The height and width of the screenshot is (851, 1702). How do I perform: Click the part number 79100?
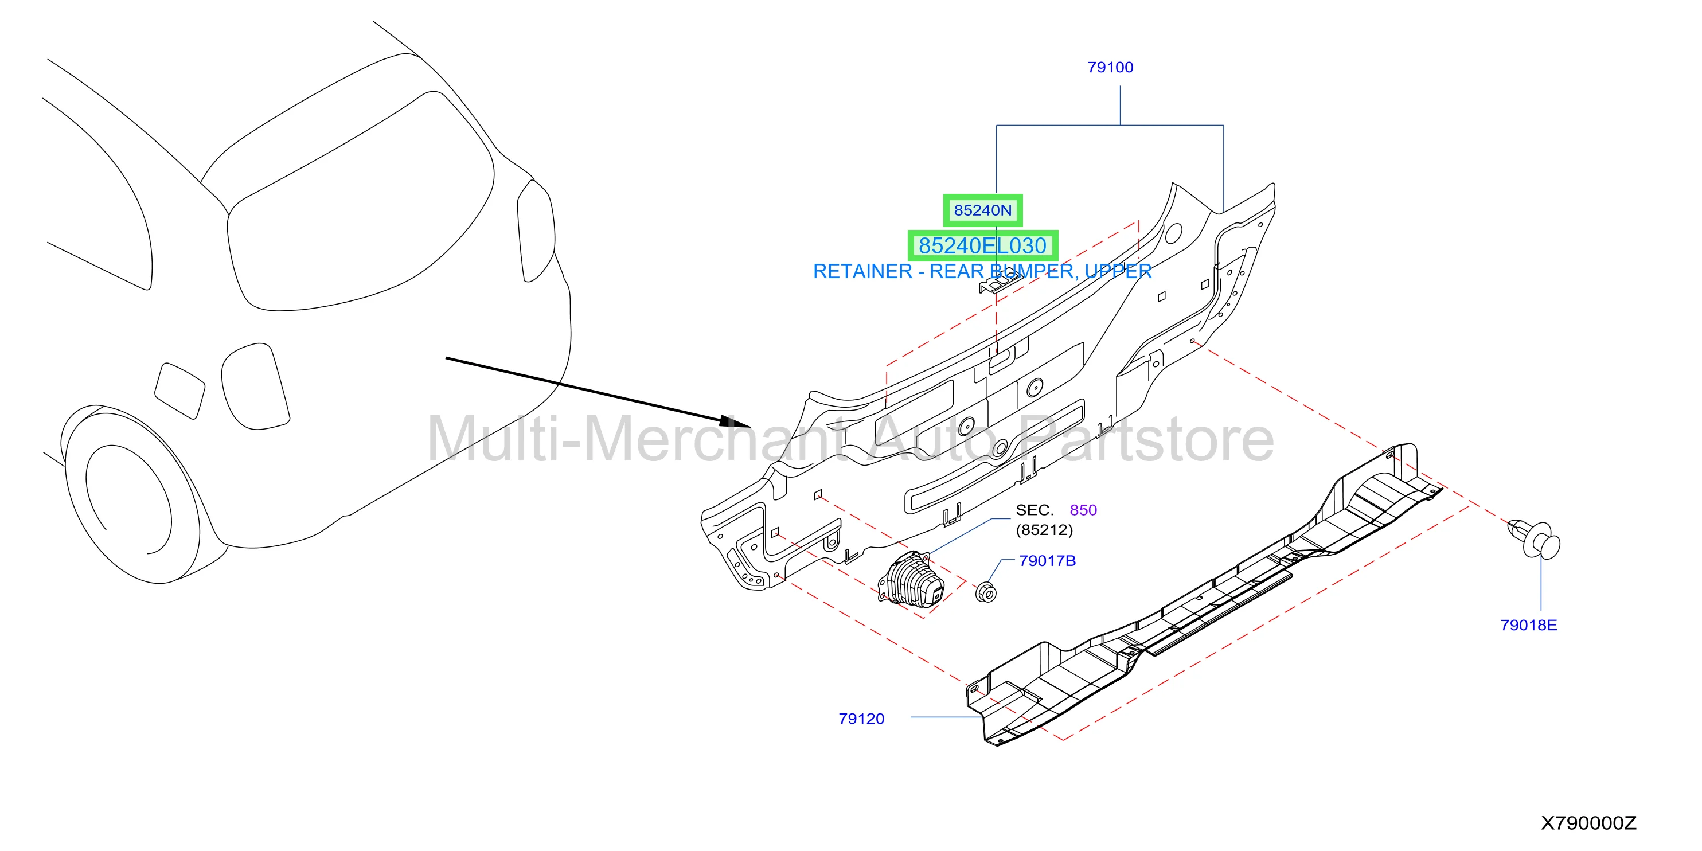(x=1110, y=68)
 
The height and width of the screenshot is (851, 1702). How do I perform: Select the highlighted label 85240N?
(x=982, y=210)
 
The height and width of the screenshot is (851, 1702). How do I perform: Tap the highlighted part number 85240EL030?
(x=982, y=246)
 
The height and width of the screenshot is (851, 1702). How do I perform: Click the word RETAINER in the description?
(x=862, y=272)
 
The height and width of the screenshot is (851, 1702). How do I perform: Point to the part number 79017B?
(x=1047, y=561)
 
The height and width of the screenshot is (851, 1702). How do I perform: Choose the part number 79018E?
(x=1528, y=625)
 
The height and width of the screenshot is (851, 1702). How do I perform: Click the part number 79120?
(x=861, y=719)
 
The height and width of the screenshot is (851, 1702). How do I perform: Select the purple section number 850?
(x=1083, y=510)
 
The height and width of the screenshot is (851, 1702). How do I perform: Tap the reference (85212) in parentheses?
(x=1044, y=530)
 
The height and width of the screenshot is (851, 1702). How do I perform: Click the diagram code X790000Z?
(x=1588, y=823)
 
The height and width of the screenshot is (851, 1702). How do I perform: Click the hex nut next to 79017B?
(x=986, y=592)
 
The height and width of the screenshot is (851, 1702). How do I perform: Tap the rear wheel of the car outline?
(x=132, y=494)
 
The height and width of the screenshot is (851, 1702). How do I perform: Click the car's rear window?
(x=360, y=201)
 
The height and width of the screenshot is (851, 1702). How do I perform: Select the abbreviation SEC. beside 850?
(x=1035, y=510)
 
